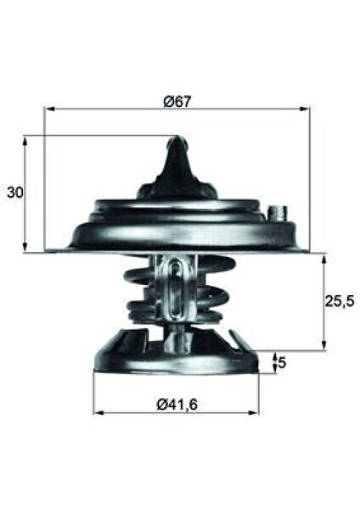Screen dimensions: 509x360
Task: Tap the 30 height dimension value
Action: (14, 193)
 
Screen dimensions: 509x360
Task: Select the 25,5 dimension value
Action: (340, 299)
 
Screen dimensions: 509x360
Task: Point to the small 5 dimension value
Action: (283, 363)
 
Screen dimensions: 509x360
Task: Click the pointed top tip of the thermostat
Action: (176, 140)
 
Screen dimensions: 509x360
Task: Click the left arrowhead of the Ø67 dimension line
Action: (48, 109)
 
